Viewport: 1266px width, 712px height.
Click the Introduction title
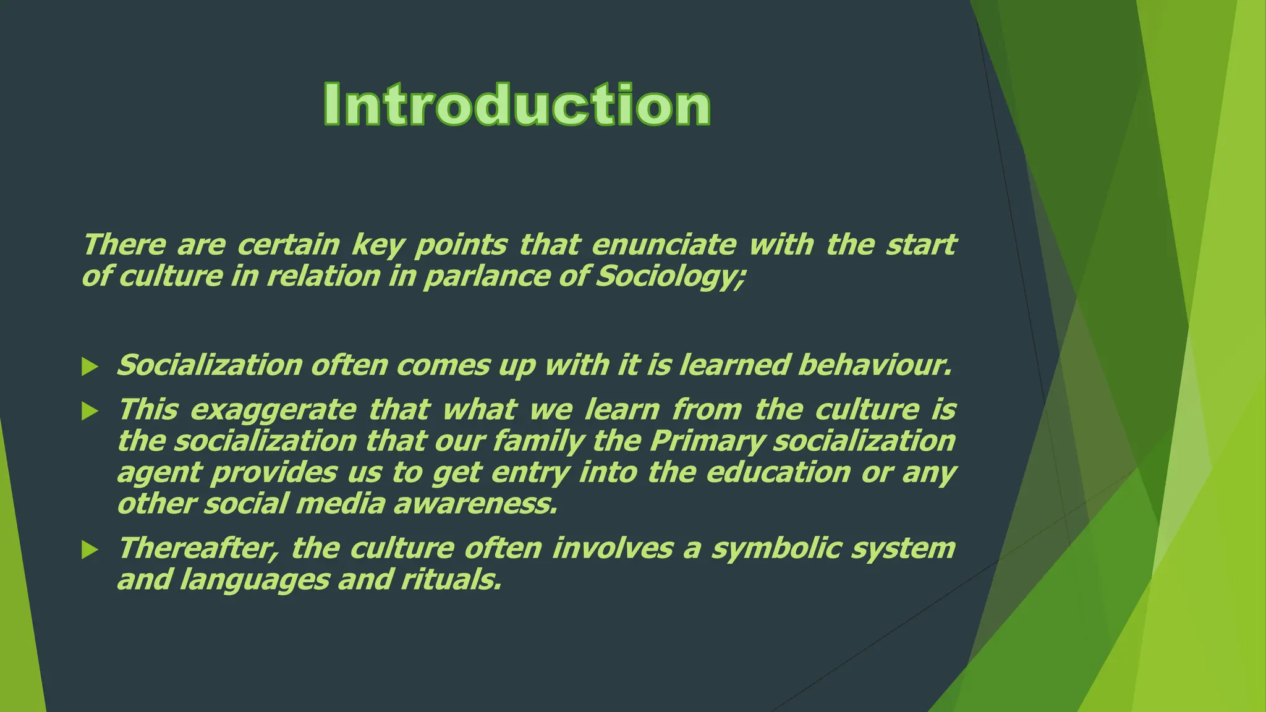click(x=517, y=105)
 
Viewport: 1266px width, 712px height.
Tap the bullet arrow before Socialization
click(x=90, y=367)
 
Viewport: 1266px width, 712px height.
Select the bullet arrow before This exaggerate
click(x=90, y=411)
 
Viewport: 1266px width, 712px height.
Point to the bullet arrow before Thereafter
click(x=90, y=549)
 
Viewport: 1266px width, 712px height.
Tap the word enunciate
click(x=664, y=244)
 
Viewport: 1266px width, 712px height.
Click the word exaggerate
click(x=273, y=410)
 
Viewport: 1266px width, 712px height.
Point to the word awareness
click(x=475, y=504)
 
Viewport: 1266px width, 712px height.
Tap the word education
click(x=778, y=473)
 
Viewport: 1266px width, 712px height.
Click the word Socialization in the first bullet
click(x=210, y=365)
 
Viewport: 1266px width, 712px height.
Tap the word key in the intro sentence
click(x=377, y=245)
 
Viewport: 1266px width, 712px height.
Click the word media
click(x=341, y=504)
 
